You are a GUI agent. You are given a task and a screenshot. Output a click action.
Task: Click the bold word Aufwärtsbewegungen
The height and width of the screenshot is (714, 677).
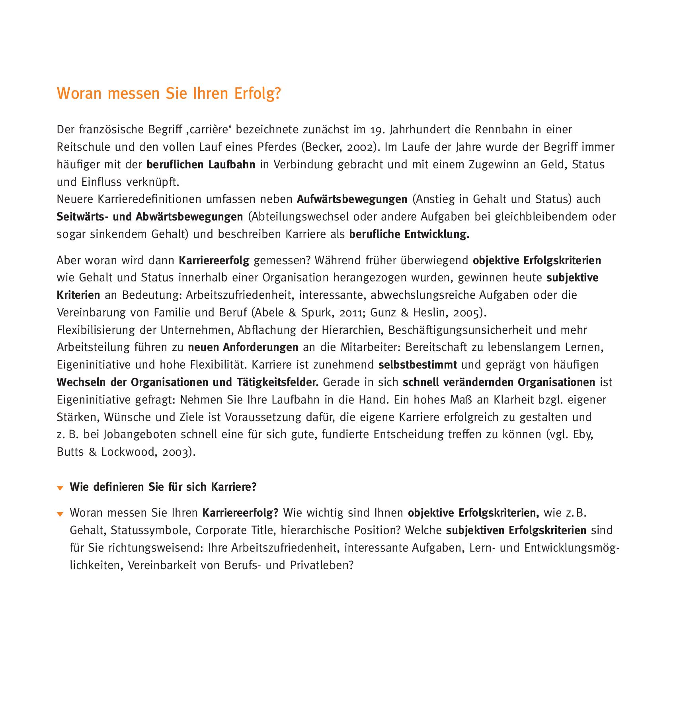(x=352, y=199)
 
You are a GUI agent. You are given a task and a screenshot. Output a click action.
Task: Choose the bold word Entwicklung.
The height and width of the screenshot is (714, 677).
(x=437, y=234)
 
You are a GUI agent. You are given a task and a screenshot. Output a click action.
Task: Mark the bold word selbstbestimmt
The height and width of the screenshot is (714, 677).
(x=418, y=365)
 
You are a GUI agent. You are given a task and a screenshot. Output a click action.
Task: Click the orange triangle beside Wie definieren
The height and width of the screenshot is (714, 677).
(x=60, y=488)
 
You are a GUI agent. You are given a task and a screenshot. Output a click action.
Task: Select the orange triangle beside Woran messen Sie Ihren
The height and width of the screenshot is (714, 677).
(x=60, y=514)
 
